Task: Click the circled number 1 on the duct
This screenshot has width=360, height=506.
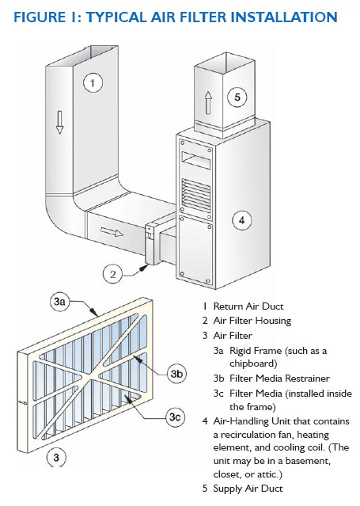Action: (93, 83)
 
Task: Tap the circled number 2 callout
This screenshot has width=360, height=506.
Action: (112, 274)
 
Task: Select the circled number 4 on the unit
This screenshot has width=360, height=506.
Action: (242, 220)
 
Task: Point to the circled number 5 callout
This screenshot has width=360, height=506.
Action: (237, 97)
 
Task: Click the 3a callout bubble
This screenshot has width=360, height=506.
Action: (59, 302)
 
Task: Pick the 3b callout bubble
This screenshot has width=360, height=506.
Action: (176, 374)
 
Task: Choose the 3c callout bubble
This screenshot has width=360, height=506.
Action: (175, 417)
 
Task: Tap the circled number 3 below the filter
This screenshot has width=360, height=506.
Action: (56, 457)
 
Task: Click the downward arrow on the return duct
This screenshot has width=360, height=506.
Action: (59, 122)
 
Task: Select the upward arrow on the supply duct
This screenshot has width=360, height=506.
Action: (208, 103)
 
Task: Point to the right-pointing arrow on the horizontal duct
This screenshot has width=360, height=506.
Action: (112, 232)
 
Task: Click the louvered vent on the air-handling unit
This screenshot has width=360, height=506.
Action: (196, 195)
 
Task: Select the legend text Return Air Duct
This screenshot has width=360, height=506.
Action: (248, 306)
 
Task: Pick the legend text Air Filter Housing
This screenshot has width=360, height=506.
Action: (252, 321)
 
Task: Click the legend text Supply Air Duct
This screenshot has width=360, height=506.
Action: (248, 489)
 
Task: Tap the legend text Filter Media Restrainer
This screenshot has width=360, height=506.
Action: (279, 379)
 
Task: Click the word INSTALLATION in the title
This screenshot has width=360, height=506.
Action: (284, 17)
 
